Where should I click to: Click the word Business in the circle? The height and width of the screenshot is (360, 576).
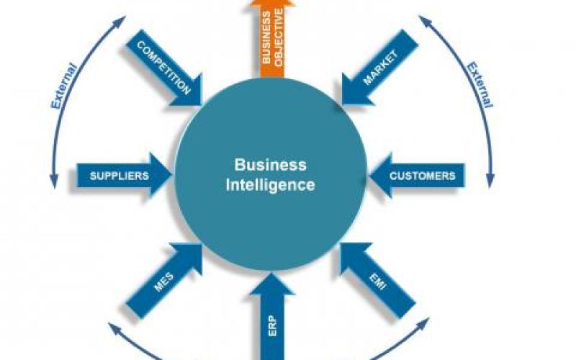270,166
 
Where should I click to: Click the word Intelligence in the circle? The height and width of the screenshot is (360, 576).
270,184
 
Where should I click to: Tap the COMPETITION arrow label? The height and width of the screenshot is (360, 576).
163,69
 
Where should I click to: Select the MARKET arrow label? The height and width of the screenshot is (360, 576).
381,68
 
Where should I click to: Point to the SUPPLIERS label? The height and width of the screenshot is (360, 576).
119,176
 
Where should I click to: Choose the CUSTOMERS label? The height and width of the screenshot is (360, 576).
423,176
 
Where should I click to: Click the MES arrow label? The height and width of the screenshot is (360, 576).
162,282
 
